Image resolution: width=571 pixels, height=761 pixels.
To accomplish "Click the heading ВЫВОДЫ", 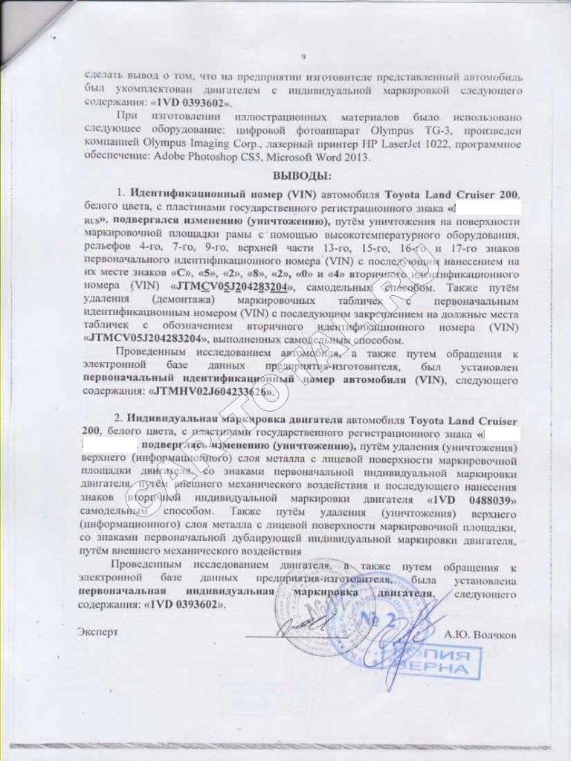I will (x=302, y=176).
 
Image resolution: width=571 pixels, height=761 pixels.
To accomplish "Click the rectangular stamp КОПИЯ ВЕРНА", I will (x=440, y=662).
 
